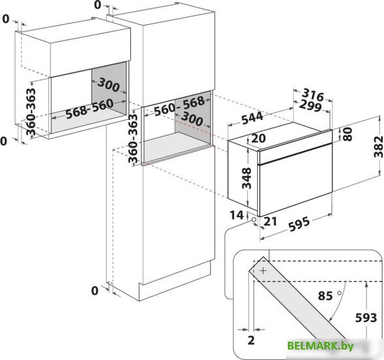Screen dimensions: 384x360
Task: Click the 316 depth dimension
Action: pyautogui.click(x=313, y=95)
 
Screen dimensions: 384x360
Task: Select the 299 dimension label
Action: pyautogui.click(x=310, y=106)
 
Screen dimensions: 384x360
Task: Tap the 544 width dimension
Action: pyautogui.click(x=253, y=118)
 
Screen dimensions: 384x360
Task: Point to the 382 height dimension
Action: pyautogui.click(x=378, y=147)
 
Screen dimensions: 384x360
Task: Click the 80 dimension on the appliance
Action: pyautogui.click(x=347, y=134)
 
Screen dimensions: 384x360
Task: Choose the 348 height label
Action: pyautogui.click(x=247, y=178)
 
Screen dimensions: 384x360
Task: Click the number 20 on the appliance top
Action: pyautogui.click(x=258, y=139)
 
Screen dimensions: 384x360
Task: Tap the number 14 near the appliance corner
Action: pyautogui.click(x=237, y=215)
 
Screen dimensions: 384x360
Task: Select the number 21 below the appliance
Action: pyautogui.click(x=270, y=221)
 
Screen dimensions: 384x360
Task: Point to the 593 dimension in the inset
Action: pyautogui.click(x=366, y=318)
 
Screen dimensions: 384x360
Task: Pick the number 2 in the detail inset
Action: pyautogui.click(x=251, y=340)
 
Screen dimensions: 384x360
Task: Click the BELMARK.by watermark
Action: pyautogui.click(x=321, y=346)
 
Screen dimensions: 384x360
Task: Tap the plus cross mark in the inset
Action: pyautogui.click(x=263, y=271)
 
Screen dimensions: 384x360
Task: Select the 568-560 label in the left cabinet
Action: pyautogui.click(x=90, y=109)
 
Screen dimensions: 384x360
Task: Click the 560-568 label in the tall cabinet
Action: pyautogui.click(x=179, y=105)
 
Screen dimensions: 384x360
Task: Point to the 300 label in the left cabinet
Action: pyautogui.click(x=109, y=84)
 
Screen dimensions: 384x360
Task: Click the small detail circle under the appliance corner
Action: pyautogui.click(x=254, y=219)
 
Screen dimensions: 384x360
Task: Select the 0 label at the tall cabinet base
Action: pyautogui.click(x=95, y=291)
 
